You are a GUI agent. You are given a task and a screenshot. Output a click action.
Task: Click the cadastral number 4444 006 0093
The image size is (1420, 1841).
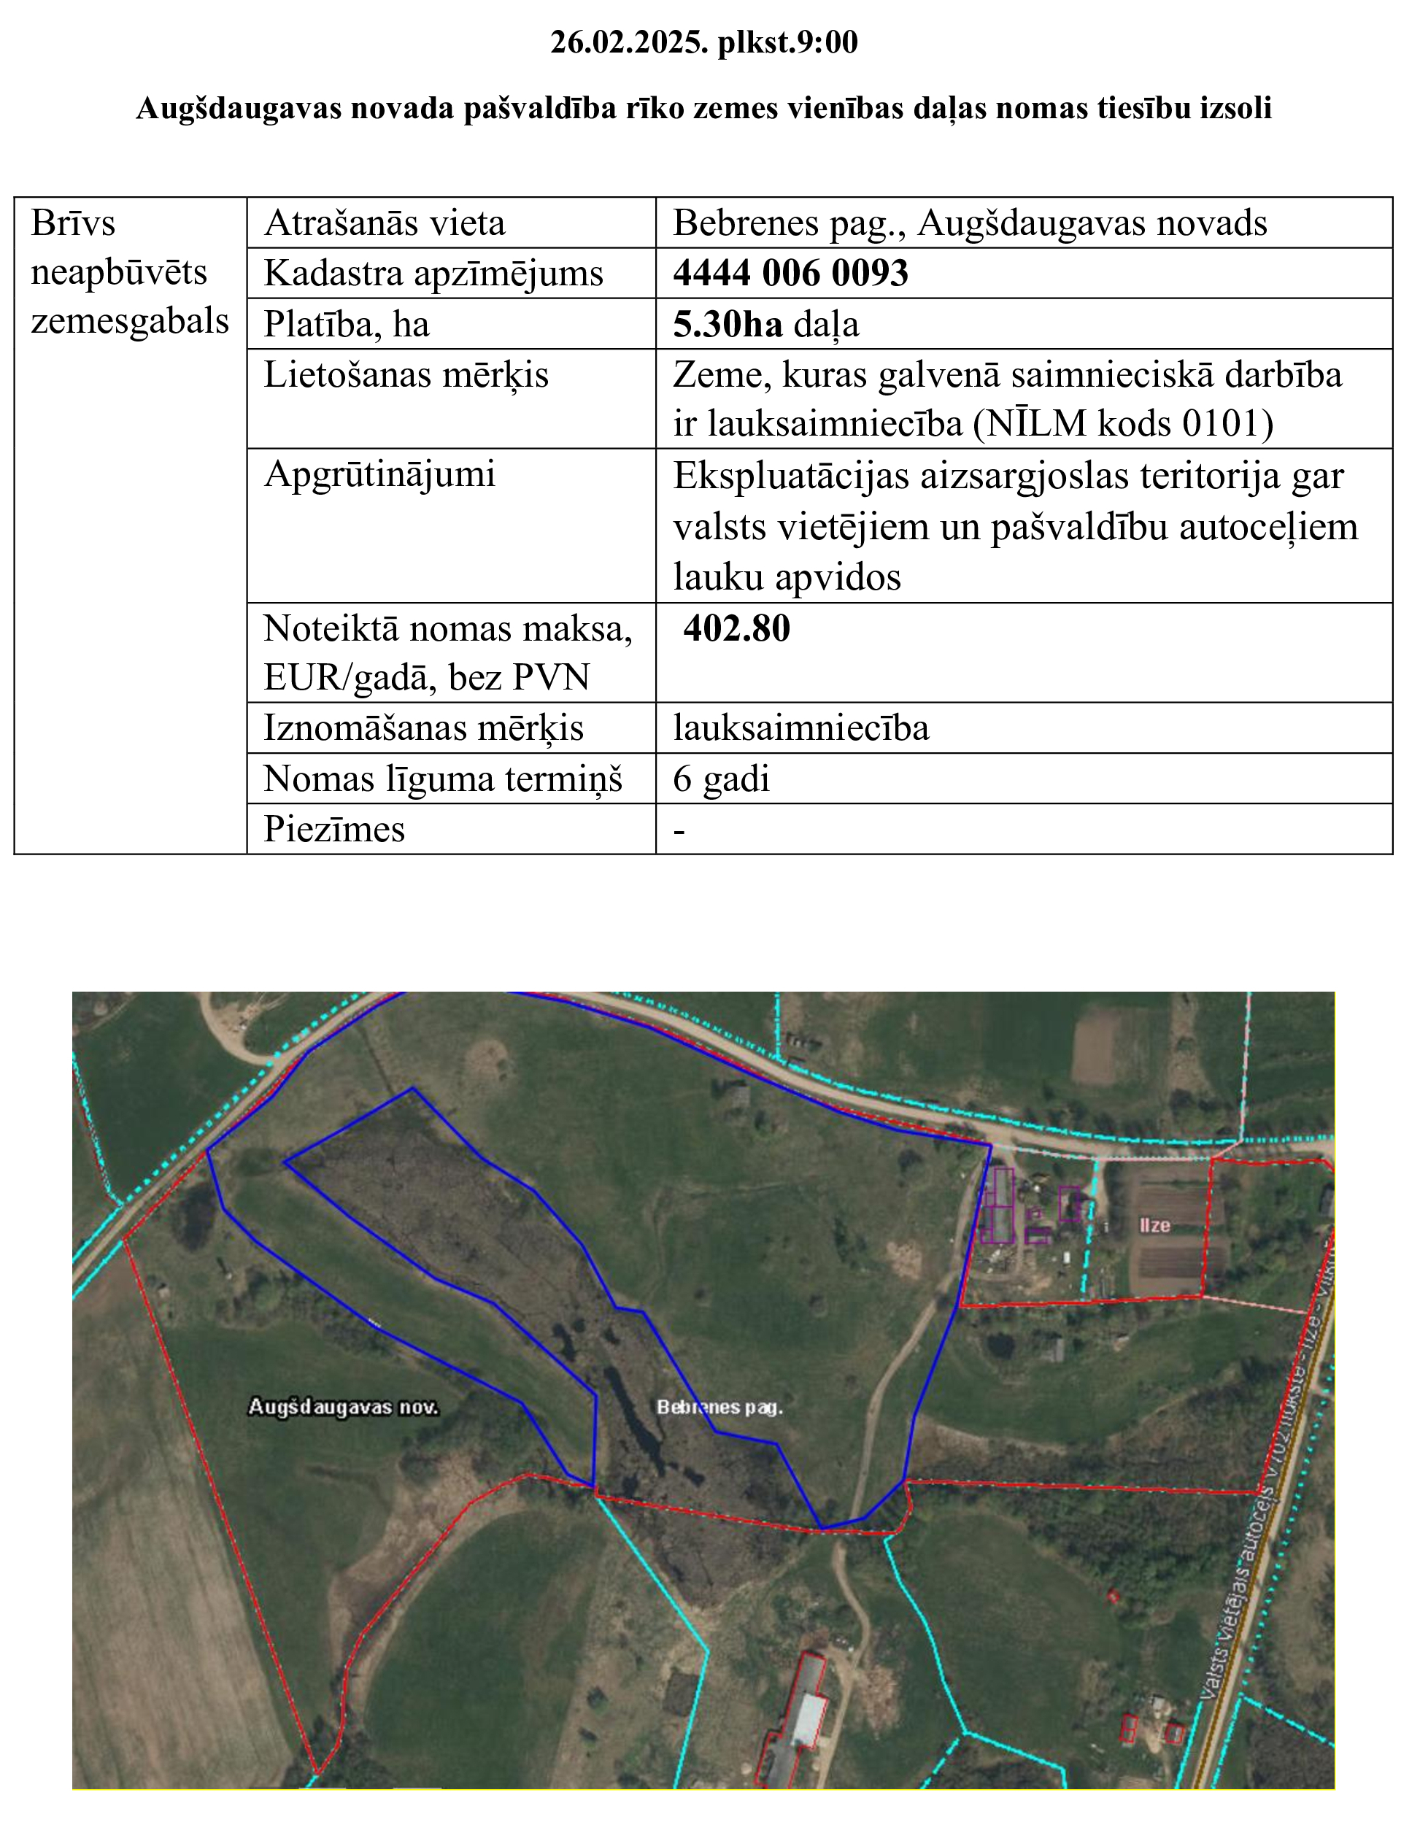coord(790,273)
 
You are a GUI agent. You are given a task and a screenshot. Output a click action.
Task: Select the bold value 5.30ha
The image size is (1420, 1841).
coord(728,325)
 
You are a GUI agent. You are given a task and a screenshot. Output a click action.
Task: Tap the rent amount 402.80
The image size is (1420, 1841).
coord(736,629)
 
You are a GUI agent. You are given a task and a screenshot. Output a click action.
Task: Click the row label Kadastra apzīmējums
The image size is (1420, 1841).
coord(433,274)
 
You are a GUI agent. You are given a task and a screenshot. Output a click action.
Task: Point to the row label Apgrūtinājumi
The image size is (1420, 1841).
coord(379,474)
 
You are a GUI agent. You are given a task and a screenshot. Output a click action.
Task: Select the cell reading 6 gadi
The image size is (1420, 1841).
coord(722,779)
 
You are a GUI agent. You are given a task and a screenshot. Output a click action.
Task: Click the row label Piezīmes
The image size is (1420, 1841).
coord(333,830)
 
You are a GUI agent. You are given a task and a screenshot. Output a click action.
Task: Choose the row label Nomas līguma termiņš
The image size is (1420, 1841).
coord(442,779)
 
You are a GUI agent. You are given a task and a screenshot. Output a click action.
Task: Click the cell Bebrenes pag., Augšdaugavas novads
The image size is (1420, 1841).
coord(969,223)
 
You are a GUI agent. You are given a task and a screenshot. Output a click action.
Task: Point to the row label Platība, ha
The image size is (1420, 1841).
coord(347,325)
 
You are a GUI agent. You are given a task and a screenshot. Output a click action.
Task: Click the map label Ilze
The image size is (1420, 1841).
coord(1154,1226)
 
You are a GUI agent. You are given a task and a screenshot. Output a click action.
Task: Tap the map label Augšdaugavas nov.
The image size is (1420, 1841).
coord(343,1407)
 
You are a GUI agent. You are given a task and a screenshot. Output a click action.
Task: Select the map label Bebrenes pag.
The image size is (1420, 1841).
coord(719,1407)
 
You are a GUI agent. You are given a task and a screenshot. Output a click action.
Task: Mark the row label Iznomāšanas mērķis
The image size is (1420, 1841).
coord(423,728)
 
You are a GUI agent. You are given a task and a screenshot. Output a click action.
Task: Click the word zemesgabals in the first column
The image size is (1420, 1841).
coord(130,321)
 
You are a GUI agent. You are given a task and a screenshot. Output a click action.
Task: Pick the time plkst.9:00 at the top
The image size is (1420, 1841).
coord(787,42)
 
